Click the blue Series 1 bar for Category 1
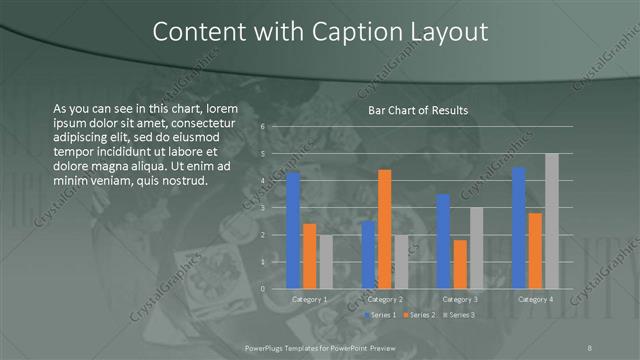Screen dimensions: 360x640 click(x=293, y=230)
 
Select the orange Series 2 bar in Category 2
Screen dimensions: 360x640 click(x=385, y=229)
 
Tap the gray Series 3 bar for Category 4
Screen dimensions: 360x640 click(x=552, y=221)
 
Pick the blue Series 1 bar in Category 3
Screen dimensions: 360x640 click(x=443, y=241)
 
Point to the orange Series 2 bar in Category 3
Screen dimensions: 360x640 click(x=460, y=264)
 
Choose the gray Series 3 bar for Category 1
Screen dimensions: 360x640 click(x=326, y=262)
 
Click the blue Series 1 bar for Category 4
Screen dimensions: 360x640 click(x=519, y=228)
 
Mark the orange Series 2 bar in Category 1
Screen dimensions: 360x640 click(x=310, y=256)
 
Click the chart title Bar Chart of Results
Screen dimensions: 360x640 click(x=418, y=109)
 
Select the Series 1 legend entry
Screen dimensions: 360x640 click(x=382, y=315)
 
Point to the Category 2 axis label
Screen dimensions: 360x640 click(x=385, y=299)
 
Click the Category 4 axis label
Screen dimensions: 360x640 click(x=536, y=299)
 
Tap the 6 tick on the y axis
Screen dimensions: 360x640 click(x=262, y=127)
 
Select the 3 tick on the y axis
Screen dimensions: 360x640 click(x=262, y=208)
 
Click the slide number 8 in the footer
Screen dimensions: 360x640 click(x=590, y=347)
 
